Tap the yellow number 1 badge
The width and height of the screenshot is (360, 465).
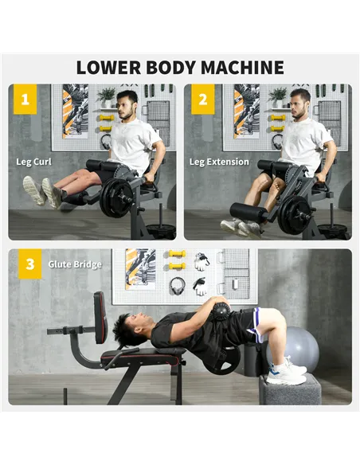tap(25, 100)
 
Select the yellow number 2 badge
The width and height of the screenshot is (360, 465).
tap(202, 100)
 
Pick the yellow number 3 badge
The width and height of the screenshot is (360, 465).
tap(30, 264)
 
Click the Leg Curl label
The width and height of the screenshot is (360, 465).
tap(34, 162)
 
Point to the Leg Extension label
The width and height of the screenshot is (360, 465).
tap(219, 162)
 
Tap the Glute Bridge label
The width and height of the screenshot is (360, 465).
tap(75, 264)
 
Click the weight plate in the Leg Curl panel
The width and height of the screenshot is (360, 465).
tap(118, 197)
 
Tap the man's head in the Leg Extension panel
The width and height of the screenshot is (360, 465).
tap(299, 104)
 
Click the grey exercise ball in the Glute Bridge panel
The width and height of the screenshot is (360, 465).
tap(302, 349)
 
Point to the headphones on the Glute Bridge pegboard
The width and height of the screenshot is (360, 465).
tap(178, 285)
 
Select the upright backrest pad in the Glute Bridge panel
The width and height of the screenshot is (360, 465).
tap(100, 317)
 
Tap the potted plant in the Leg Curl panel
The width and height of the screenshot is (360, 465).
tap(107, 96)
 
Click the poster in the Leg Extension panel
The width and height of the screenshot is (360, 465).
tap(246, 111)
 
